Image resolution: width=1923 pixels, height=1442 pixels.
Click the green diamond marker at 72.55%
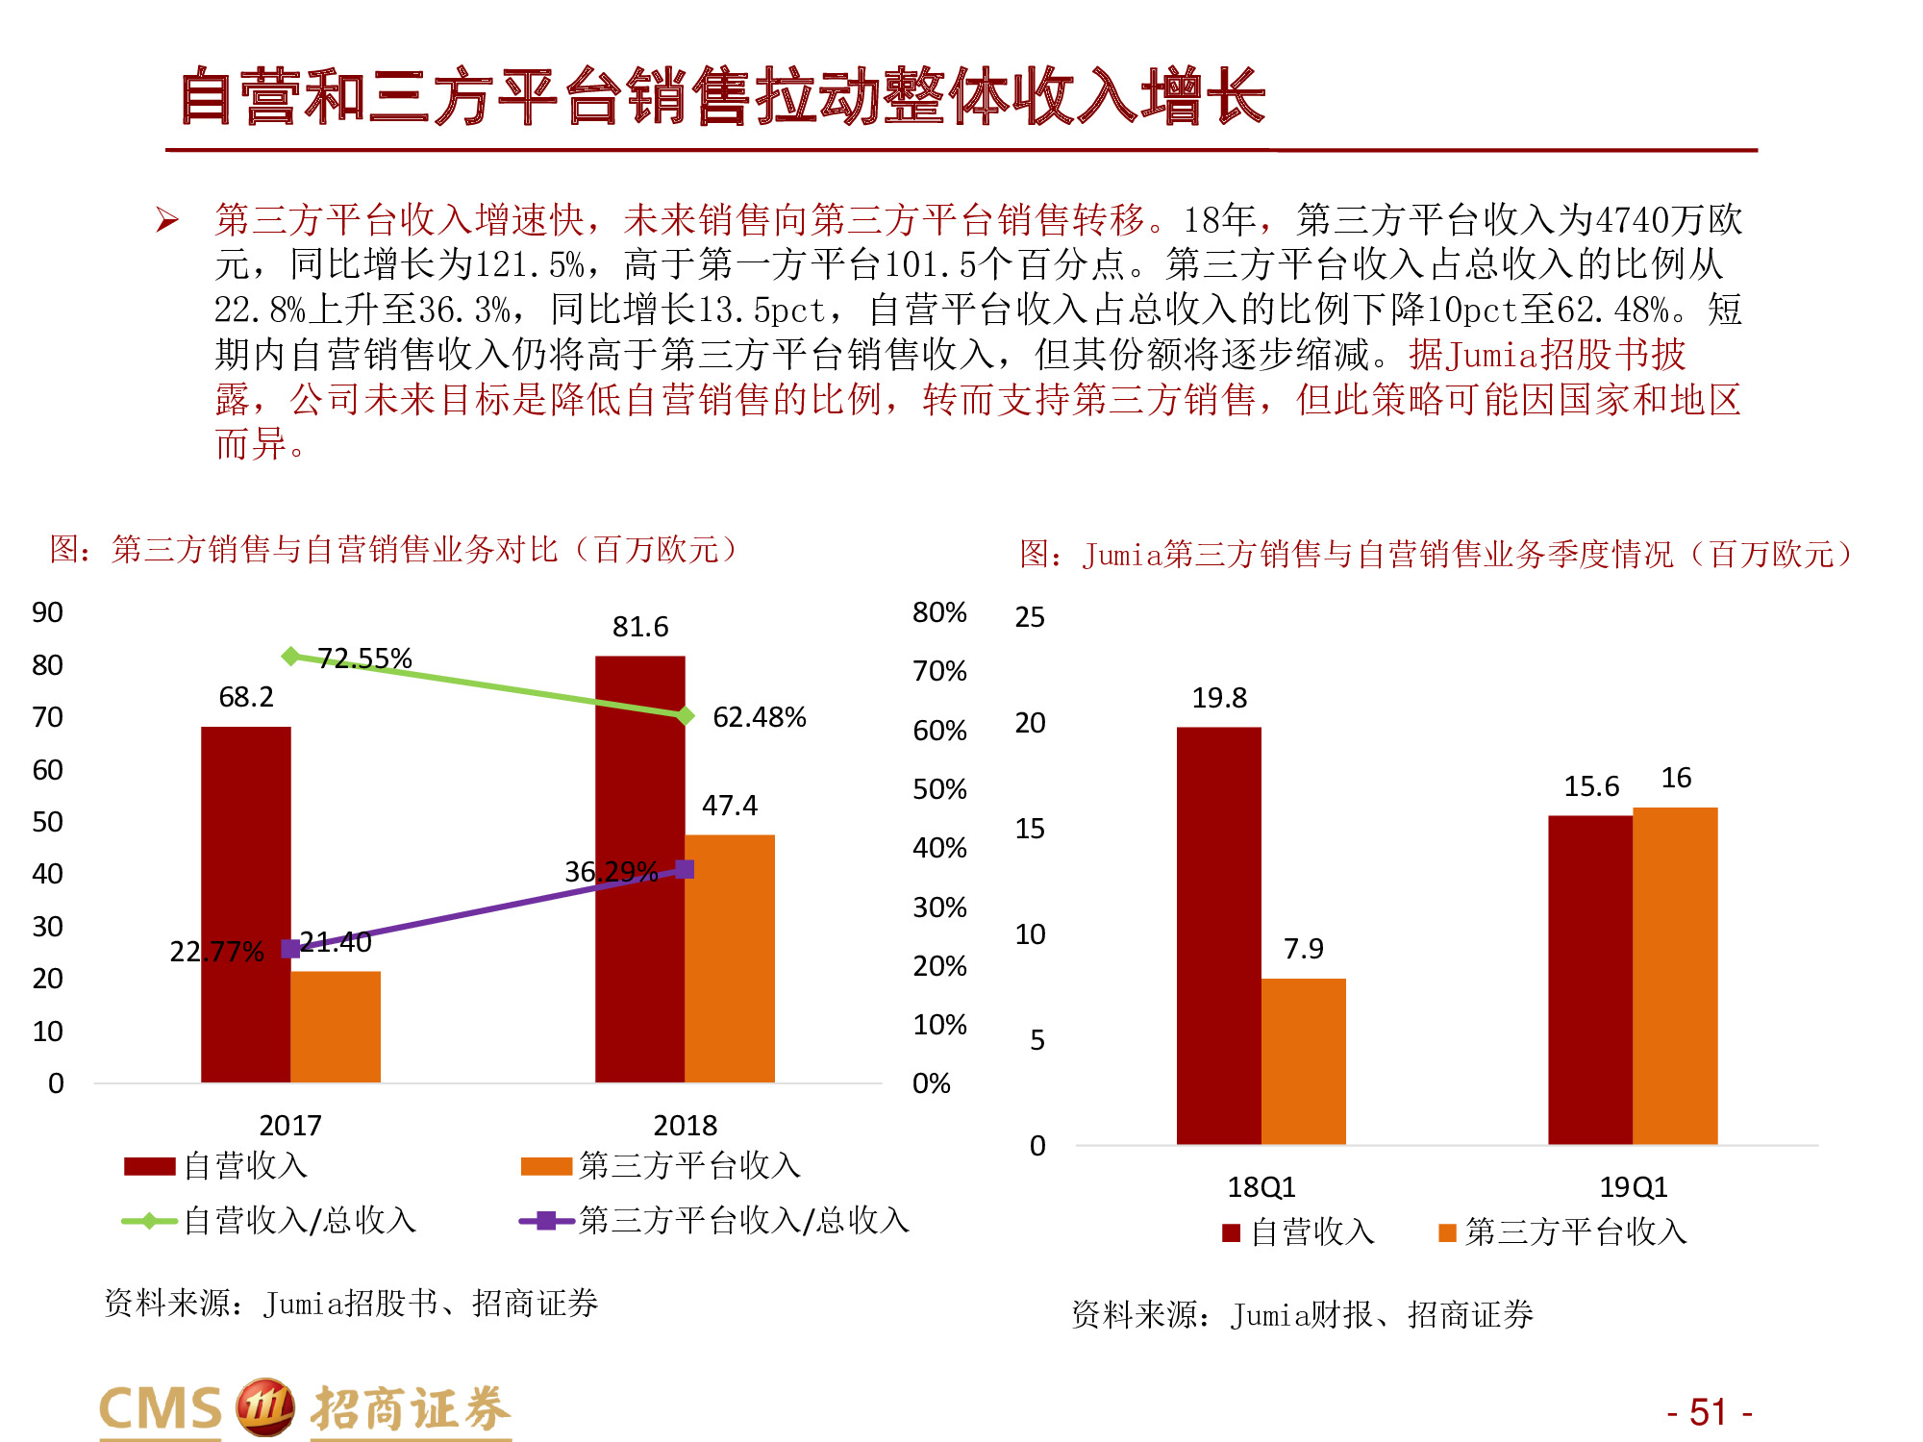[x=290, y=656]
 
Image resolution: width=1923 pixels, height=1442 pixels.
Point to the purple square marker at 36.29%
[x=685, y=869]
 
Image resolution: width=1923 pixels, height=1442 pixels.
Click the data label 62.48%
[x=759, y=717]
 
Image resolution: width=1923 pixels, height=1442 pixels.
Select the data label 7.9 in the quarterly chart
[x=1303, y=949]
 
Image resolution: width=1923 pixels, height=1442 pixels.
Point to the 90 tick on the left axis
[x=47, y=612]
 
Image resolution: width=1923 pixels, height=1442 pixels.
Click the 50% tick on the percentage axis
[x=939, y=789]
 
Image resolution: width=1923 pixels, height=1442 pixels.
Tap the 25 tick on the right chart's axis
[x=1030, y=617]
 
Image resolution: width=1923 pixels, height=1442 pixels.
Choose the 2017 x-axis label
[x=290, y=1125]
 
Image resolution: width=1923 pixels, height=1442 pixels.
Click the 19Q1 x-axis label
[x=1633, y=1187]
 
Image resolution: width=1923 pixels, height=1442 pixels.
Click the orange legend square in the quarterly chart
[x=1447, y=1232]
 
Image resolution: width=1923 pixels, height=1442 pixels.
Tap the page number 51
[x=1709, y=1412]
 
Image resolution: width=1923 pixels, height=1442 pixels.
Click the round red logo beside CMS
[x=264, y=1407]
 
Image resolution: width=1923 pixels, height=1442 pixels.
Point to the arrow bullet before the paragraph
[x=167, y=221]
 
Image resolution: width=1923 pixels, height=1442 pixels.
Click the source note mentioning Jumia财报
[x=1302, y=1314]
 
